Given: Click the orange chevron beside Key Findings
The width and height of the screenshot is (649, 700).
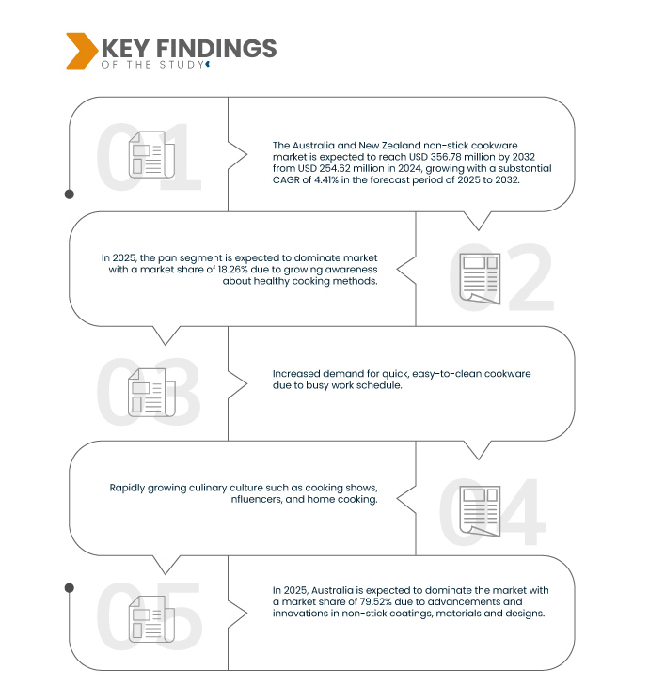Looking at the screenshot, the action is click(x=81, y=51).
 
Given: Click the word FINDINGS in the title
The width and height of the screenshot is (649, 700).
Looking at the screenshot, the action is click(x=216, y=48).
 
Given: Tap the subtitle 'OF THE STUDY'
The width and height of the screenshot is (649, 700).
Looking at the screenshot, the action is click(x=152, y=65).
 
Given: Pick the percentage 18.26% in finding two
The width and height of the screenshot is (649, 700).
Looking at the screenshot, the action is click(x=233, y=270).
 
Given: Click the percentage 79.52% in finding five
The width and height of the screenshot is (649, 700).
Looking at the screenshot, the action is click(x=376, y=601).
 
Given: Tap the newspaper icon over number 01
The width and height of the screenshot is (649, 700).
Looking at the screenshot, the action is click(x=151, y=154).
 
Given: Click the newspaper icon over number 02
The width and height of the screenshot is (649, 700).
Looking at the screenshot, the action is click(x=480, y=278).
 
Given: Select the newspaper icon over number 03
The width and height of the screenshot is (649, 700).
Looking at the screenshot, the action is click(x=151, y=393).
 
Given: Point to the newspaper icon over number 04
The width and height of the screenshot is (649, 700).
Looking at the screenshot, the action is click(x=480, y=511).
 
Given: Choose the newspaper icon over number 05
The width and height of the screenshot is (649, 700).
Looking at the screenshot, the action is click(x=151, y=619).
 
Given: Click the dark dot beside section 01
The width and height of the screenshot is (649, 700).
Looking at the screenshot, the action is click(x=70, y=194).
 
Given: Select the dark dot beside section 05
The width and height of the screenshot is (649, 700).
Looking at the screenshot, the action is click(x=70, y=588).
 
